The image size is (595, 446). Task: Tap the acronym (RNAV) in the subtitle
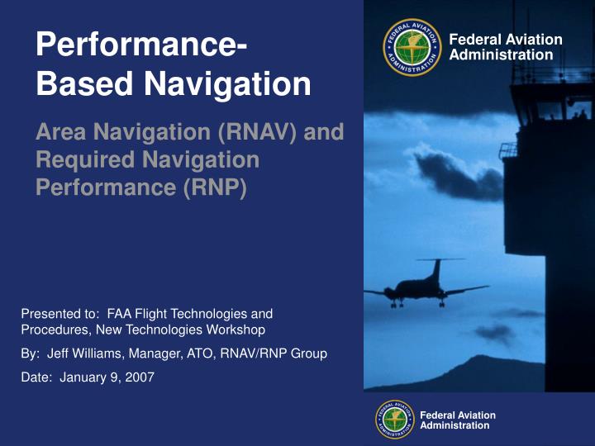250,131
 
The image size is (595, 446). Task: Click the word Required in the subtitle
83,159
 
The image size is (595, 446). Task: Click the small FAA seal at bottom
395,420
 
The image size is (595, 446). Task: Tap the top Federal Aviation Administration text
504,47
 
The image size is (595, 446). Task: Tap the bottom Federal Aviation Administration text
458,420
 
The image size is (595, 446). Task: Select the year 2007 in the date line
140,377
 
